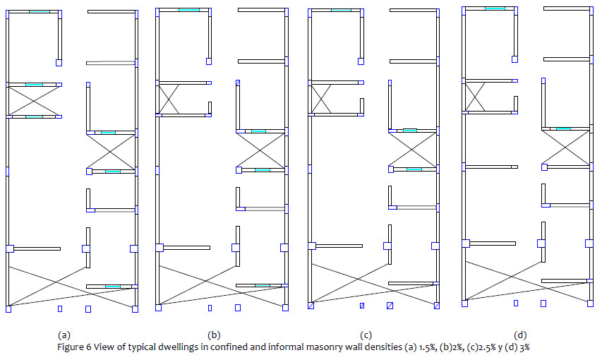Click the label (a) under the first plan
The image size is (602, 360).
64,335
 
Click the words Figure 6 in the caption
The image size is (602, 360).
73,347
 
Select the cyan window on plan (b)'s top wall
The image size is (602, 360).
188,9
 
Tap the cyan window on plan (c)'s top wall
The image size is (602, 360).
341,10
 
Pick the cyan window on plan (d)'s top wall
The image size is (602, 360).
495,8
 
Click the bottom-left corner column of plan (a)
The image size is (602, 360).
8,308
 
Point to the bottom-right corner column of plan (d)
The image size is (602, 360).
590,304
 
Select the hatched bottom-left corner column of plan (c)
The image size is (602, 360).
311,306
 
